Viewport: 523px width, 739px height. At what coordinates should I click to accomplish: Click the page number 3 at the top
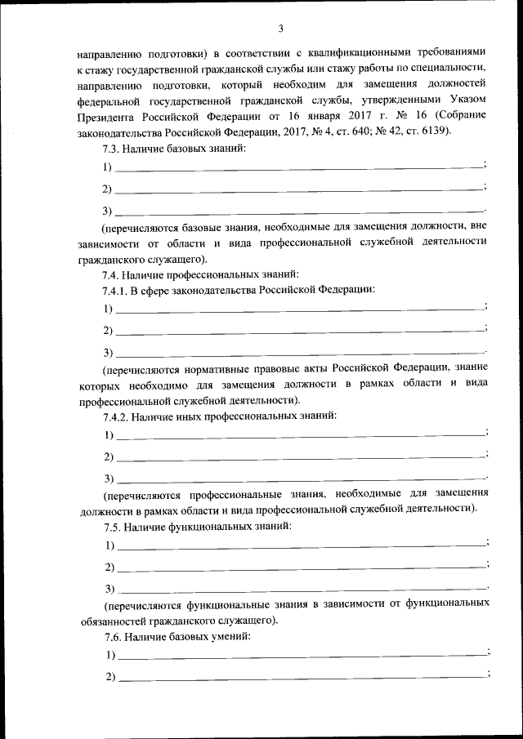point(280,29)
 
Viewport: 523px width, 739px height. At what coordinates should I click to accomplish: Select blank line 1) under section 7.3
point(299,167)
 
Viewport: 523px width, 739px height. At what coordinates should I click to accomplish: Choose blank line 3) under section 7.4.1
point(299,352)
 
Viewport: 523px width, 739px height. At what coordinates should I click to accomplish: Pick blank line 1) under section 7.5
point(299,545)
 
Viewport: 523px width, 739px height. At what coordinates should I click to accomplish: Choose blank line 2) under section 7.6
point(299,677)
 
